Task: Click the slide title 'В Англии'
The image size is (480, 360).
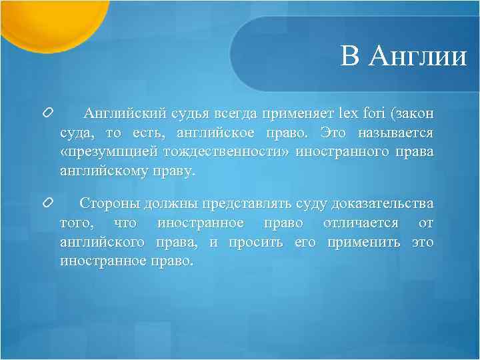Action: click(404, 57)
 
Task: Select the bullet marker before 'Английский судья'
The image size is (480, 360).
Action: click(47, 115)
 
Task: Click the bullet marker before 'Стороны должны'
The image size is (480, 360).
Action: click(47, 202)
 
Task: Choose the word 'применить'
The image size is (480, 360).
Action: click(363, 241)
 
